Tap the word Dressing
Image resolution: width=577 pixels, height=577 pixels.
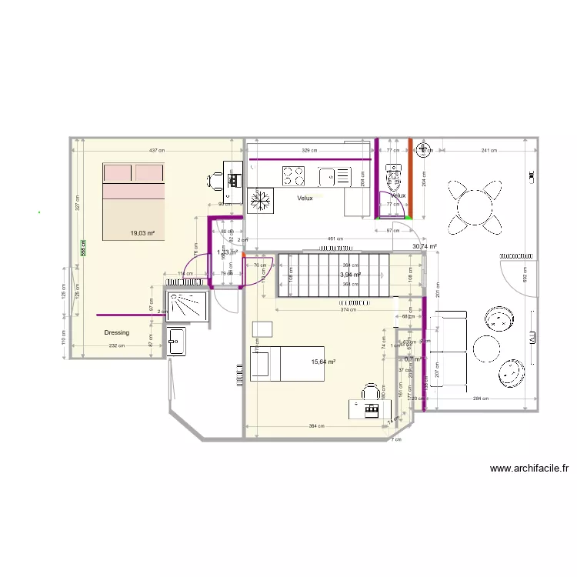coord(117,333)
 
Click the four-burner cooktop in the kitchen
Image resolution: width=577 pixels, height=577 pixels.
coord(293,177)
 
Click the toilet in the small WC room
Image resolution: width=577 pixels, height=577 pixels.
coord(394,178)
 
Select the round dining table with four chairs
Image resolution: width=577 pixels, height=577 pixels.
coord(474,205)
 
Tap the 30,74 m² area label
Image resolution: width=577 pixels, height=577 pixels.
coord(425,246)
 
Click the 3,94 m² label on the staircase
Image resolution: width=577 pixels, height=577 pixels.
coord(351,274)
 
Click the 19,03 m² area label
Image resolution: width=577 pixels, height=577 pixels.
coord(142,233)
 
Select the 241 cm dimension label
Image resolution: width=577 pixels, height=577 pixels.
coord(489,151)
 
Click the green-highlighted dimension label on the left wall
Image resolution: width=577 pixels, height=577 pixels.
coord(82,248)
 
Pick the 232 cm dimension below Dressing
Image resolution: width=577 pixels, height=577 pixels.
coord(116,346)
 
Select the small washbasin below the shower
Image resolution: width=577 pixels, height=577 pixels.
coord(176,341)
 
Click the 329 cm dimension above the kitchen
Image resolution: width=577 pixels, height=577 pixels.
coord(309,151)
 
